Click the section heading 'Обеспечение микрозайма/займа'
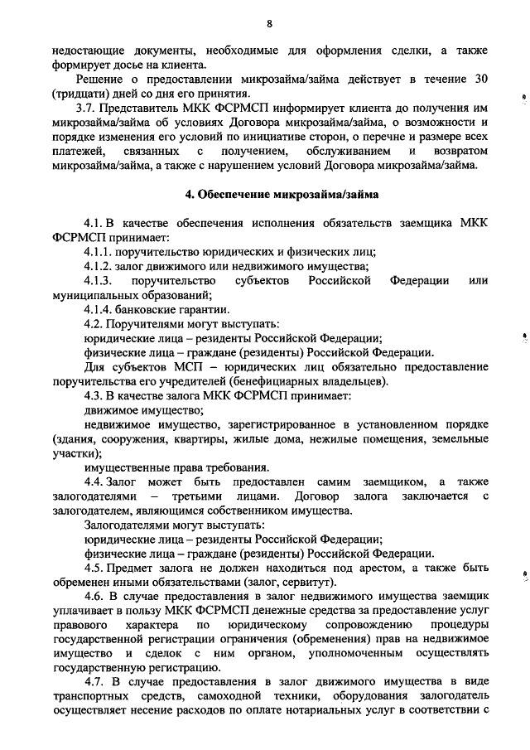coord(275,196)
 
